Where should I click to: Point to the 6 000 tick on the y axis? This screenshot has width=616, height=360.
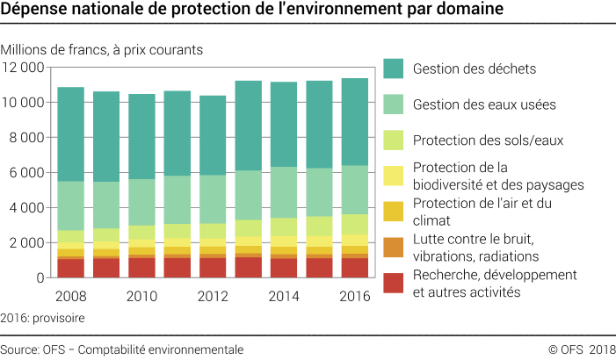pyautogui.click(x=26, y=173)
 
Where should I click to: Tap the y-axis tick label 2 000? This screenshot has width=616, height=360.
pyautogui.click(x=26, y=243)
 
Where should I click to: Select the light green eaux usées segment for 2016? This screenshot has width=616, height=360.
pyautogui.click(x=353, y=190)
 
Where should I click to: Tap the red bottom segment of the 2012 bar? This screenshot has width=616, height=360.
pyautogui.click(x=212, y=268)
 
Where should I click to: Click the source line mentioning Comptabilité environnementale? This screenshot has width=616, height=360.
pyautogui.click(x=123, y=349)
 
